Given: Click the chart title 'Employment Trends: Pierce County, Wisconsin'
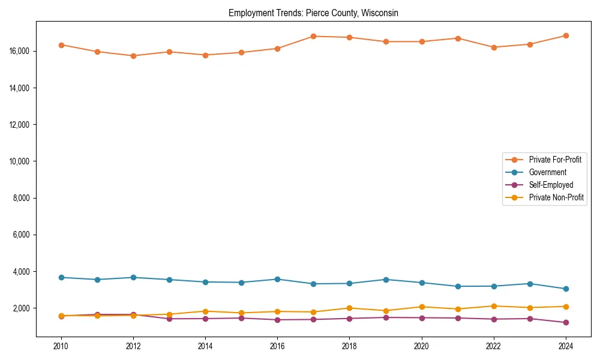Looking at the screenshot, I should [313, 13].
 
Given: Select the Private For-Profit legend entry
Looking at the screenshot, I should [555, 160].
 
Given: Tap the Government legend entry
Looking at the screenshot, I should [547, 172].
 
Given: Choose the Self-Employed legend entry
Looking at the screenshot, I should [551, 185].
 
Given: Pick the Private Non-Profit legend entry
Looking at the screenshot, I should [556, 197].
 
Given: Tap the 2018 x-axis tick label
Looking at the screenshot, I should [349, 346].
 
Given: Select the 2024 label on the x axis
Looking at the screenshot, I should [566, 346].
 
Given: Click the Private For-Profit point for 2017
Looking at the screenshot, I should [313, 36].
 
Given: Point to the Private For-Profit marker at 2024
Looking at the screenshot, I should [566, 35].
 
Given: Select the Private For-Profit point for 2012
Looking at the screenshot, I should [133, 56].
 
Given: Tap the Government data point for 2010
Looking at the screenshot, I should [61, 277].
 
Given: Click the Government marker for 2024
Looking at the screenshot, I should [566, 289].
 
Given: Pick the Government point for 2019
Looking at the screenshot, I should [386, 280].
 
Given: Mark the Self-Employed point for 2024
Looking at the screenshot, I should [566, 322].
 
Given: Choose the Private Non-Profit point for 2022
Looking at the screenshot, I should [494, 306].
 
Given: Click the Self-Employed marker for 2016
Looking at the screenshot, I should [277, 320].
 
